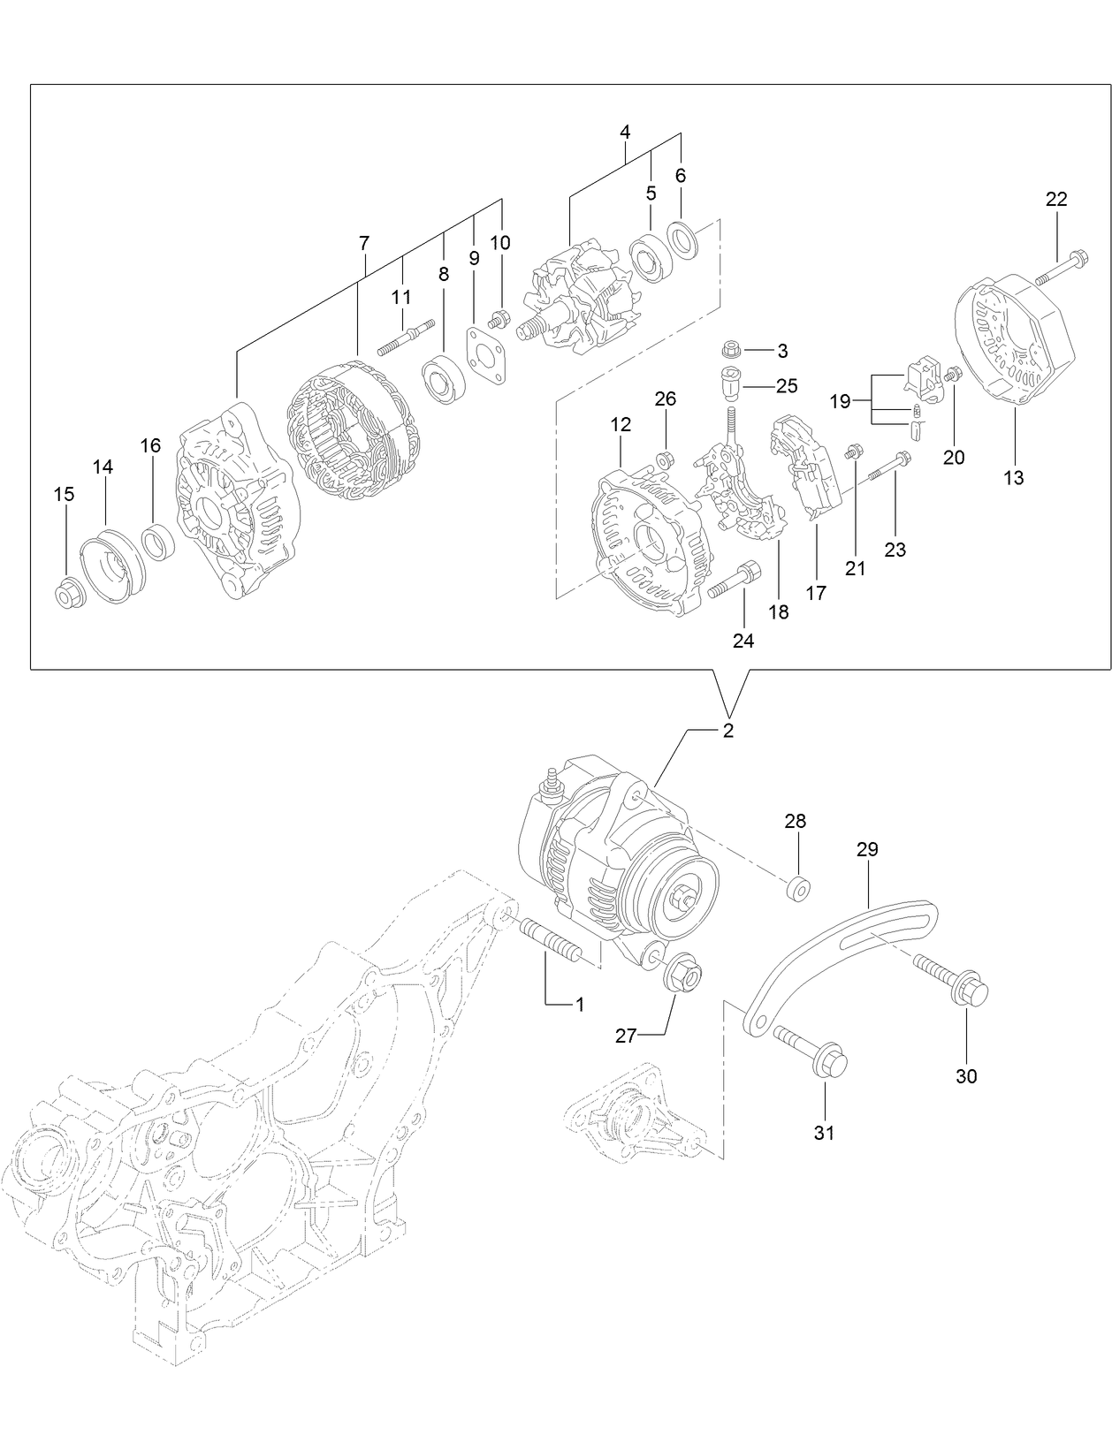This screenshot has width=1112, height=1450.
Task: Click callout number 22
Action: (x=1056, y=200)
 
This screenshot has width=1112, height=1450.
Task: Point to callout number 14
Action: (x=103, y=467)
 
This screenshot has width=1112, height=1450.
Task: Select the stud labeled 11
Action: (x=407, y=337)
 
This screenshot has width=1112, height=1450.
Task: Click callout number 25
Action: (x=787, y=386)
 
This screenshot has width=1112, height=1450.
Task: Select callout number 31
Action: (x=824, y=1132)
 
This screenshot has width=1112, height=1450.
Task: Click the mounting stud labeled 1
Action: (x=552, y=940)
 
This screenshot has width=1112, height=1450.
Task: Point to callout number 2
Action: (x=728, y=731)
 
